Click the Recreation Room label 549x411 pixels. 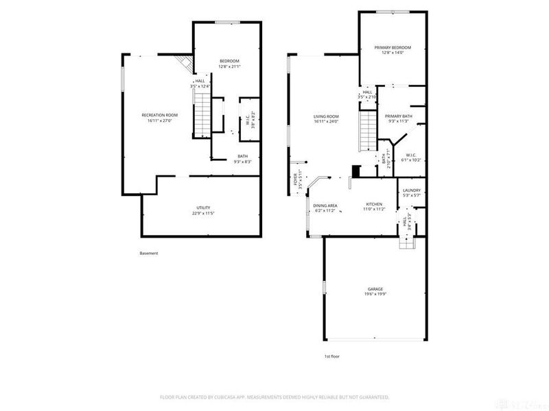(x=159, y=114)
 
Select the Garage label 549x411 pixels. (x=375, y=289)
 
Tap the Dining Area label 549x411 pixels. (x=325, y=206)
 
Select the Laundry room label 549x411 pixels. (x=411, y=190)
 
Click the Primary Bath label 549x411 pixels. (x=398, y=116)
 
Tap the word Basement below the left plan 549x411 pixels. (x=149, y=253)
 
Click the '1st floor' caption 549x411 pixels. (x=333, y=357)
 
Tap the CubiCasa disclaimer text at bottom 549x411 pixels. (x=274, y=397)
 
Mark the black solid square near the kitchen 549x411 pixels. (x=355, y=171)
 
